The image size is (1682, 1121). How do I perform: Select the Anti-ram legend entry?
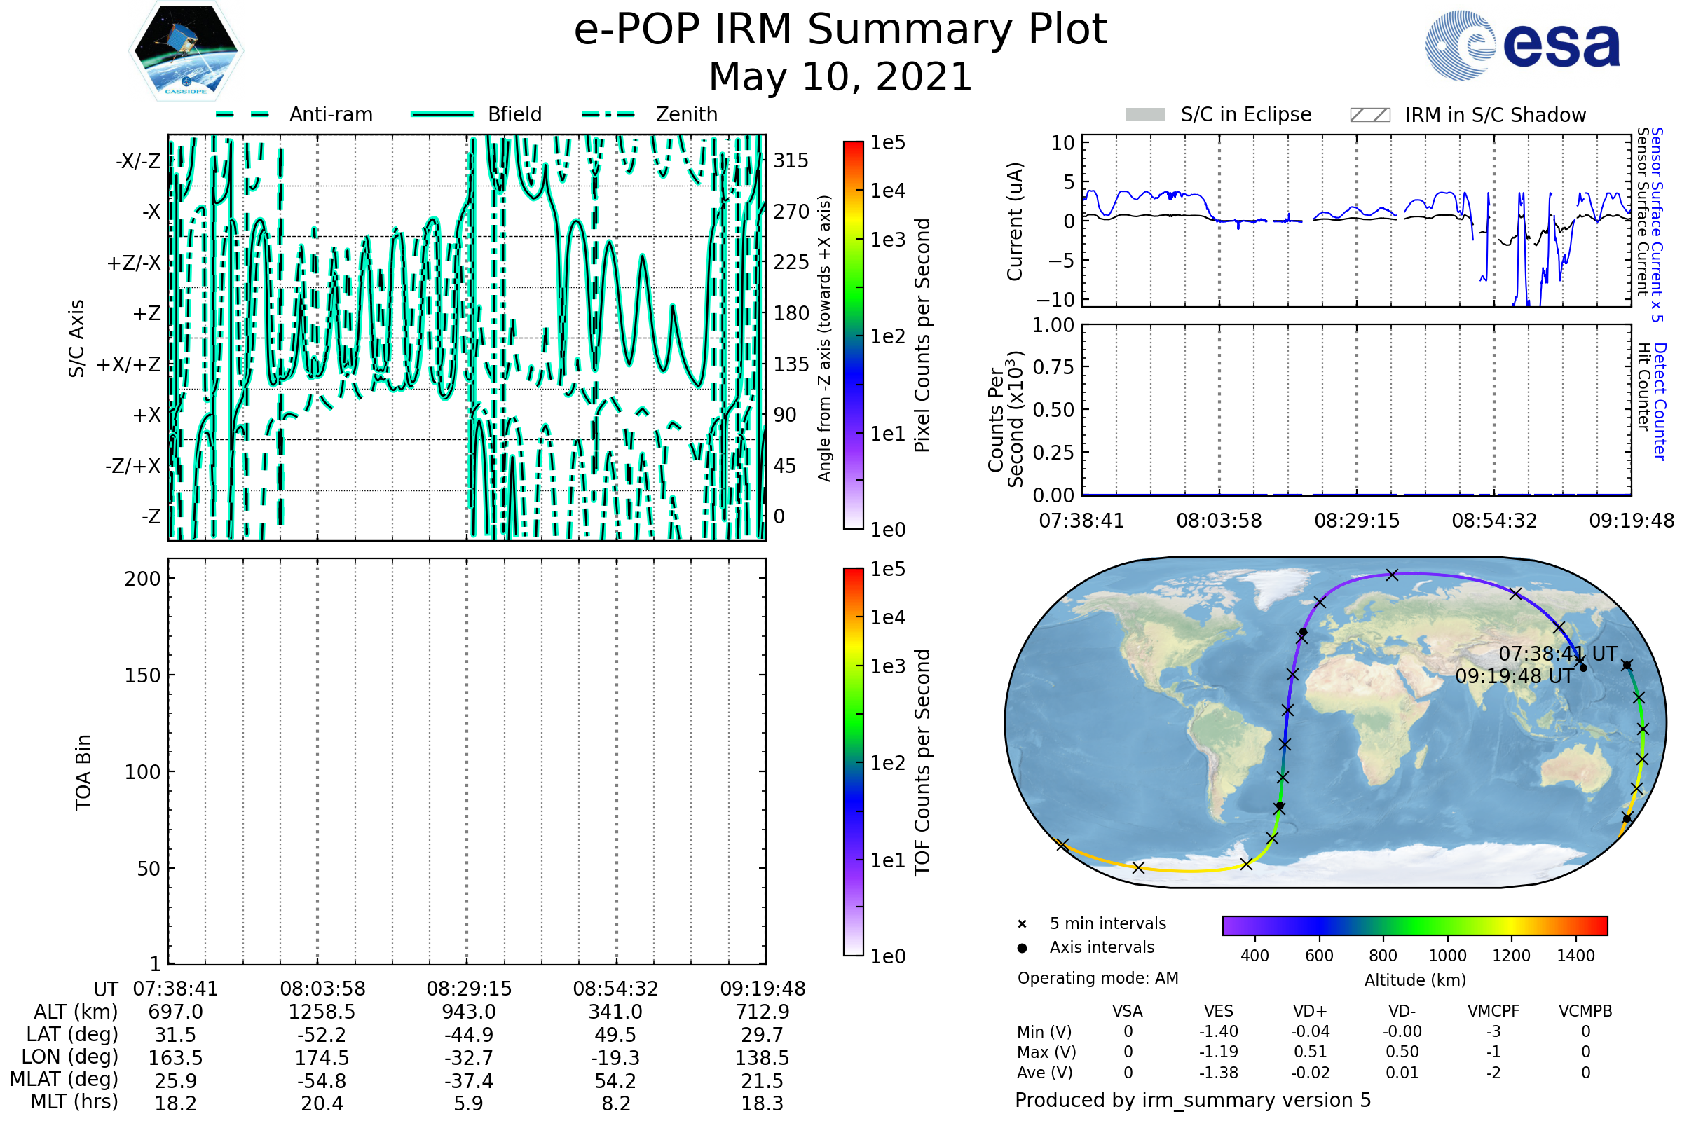[330, 114]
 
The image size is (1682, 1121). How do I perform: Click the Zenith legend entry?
[686, 114]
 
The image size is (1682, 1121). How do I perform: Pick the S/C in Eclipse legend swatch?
[1145, 115]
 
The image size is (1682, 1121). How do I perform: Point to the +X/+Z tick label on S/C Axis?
[129, 364]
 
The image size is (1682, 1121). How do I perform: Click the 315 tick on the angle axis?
[791, 160]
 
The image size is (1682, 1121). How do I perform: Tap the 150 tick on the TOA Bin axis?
[142, 675]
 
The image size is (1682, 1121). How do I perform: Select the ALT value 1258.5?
[322, 1012]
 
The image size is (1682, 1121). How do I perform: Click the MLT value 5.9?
[468, 1103]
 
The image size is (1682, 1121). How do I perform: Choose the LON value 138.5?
[762, 1057]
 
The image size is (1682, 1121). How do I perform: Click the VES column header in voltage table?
[1218, 1011]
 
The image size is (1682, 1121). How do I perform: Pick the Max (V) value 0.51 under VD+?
[1309, 1052]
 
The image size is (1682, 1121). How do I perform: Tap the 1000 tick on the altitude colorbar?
[1447, 956]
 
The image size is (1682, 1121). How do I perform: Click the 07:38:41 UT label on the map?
[1557, 654]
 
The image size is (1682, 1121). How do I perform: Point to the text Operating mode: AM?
[1098, 978]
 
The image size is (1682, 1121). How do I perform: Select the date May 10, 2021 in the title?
[840, 76]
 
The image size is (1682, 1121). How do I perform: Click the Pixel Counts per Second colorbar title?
[922, 335]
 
